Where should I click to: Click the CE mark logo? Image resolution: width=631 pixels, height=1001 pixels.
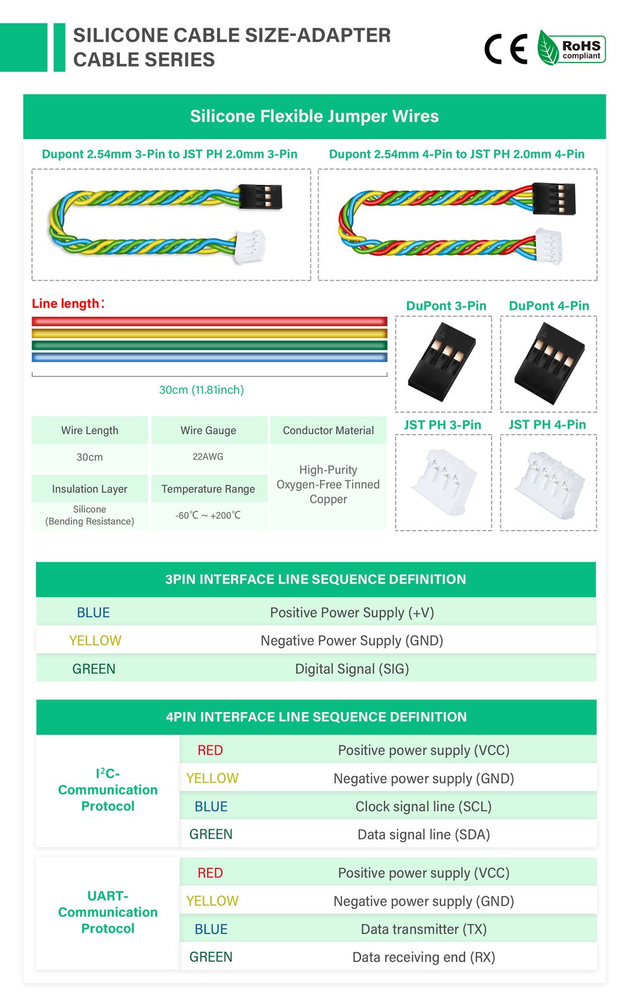(x=505, y=49)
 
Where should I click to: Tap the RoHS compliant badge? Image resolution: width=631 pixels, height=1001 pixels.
(x=572, y=49)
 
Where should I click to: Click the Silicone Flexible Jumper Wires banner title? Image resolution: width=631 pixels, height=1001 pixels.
(x=314, y=116)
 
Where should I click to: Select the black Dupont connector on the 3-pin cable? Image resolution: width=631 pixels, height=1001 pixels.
(x=260, y=196)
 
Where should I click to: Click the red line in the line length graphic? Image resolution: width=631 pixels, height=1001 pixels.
(x=209, y=321)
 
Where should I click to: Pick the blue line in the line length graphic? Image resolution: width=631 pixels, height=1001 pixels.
(x=209, y=357)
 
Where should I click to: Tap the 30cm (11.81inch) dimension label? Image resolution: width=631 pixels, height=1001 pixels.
(x=201, y=390)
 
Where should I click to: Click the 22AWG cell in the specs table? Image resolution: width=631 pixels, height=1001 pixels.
(x=208, y=457)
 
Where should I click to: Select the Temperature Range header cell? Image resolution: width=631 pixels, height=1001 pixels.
(x=208, y=489)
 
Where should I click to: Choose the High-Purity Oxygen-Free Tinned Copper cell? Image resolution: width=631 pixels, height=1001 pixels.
(x=328, y=485)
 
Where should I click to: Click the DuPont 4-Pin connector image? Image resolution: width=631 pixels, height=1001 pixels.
(x=548, y=364)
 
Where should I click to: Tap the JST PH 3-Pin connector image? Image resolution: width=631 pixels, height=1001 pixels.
(x=443, y=483)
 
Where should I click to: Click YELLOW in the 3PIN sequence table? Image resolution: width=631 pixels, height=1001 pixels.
(x=95, y=641)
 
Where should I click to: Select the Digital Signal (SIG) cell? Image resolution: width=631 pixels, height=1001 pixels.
(x=352, y=669)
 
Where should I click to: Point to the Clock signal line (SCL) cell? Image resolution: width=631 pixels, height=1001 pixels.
(x=423, y=807)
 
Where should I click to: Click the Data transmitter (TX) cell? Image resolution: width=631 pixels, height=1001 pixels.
(x=423, y=929)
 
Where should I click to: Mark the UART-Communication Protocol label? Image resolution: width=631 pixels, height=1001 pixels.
(x=108, y=912)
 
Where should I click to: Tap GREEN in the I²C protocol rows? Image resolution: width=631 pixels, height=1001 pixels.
(x=211, y=834)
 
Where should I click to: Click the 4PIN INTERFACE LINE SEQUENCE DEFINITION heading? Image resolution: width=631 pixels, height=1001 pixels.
(x=316, y=717)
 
